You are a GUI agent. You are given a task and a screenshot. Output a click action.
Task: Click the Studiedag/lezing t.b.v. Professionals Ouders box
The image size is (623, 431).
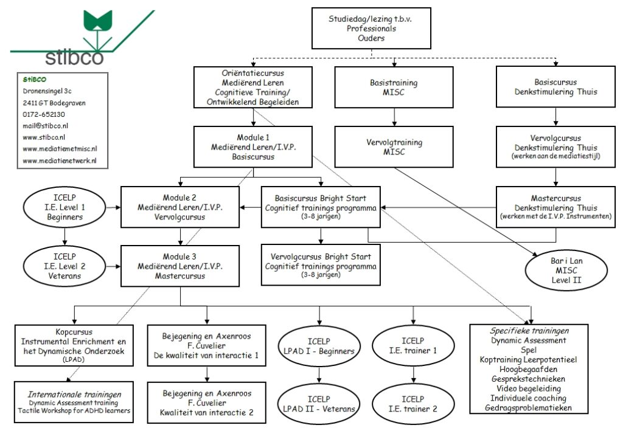pyautogui.click(x=371, y=28)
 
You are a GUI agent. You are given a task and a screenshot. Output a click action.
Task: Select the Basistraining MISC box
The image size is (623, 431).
pyautogui.click(x=395, y=87)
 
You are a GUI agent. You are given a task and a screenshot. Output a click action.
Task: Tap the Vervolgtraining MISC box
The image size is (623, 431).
pyautogui.click(x=395, y=147)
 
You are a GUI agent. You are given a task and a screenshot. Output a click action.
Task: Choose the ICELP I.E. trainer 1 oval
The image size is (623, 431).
pyautogui.click(x=414, y=346)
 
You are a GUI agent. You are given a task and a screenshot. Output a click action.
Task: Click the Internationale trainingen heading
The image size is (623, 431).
pyautogui.click(x=74, y=393)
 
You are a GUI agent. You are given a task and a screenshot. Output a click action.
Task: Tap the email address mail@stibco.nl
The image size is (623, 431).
pyautogui.click(x=45, y=125)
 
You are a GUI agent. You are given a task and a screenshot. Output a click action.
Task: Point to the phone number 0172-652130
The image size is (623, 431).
pyautogui.click(x=44, y=114)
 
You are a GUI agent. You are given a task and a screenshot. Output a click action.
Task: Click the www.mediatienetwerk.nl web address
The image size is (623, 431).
pyautogui.click(x=60, y=161)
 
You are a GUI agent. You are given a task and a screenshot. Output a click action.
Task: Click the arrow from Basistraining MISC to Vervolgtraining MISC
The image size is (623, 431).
pyautogui.click(x=395, y=117)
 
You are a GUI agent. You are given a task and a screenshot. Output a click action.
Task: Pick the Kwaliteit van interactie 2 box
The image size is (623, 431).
pyautogui.click(x=207, y=403)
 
